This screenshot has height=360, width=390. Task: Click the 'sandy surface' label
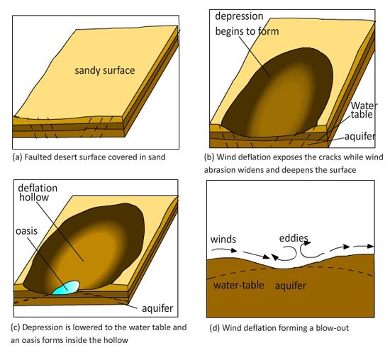click(x=105, y=71)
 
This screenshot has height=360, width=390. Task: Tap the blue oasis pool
click(x=66, y=288)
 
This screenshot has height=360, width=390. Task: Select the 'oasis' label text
click(x=26, y=231)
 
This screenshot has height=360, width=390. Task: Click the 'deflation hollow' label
click(x=38, y=193)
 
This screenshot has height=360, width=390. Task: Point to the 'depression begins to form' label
click(x=247, y=24)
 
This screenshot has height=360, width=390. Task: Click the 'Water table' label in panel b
click(x=364, y=110)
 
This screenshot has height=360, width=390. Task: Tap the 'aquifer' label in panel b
click(x=360, y=137)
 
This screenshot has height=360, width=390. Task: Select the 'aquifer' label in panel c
click(x=157, y=308)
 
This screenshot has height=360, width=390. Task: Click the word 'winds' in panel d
click(x=223, y=240)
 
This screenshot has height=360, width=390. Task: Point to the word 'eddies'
click(x=294, y=238)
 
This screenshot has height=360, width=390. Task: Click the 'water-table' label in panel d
click(x=238, y=285)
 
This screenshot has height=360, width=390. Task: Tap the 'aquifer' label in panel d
click(x=290, y=286)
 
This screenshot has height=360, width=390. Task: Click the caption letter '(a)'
click(x=17, y=157)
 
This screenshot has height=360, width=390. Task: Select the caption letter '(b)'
click(x=209, y=157)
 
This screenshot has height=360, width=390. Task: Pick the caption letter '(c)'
click(x=16, y=327)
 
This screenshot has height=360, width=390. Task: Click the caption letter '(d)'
click(x=215, y=328)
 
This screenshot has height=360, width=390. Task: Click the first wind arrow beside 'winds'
click(x=224, y=250)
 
